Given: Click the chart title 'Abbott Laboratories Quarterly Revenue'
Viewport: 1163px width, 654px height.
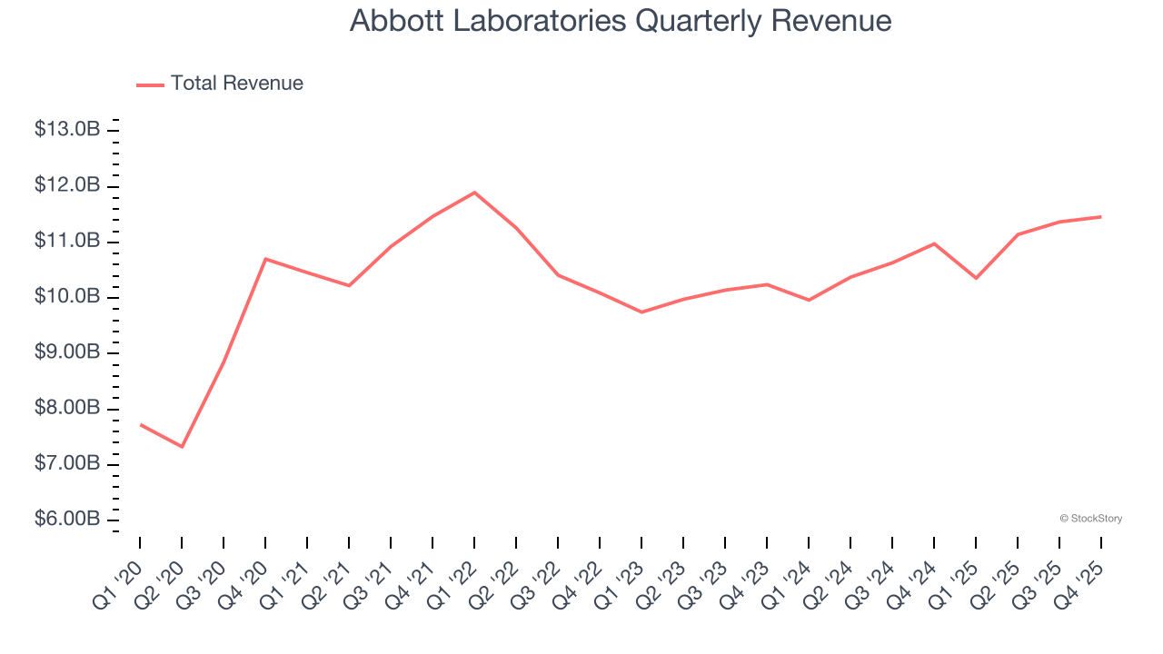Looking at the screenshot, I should click(621, 21).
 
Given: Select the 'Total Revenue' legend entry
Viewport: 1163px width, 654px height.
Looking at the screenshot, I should click(236, 84).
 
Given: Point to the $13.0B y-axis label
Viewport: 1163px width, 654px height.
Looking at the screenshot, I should click(67, 130).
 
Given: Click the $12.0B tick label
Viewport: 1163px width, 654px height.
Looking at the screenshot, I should click(67, 185).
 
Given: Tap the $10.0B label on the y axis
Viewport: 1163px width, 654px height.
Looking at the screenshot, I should click(67, 297).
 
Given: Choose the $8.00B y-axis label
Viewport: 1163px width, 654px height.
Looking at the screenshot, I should click(67, 408).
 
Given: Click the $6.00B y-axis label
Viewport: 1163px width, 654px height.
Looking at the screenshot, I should click(67, 520).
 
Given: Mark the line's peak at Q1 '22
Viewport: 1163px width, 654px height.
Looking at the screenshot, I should click(474, 193).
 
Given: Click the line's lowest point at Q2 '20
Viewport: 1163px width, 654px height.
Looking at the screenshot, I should click(182, 447).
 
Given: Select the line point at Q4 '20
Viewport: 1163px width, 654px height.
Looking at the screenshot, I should click(265, 259).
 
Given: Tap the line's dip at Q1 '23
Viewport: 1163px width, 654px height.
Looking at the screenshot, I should click(641, 312).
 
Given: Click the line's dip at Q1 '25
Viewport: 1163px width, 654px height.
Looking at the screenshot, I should click(976, 278).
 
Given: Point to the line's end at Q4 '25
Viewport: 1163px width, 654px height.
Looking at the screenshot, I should click(1101, 217).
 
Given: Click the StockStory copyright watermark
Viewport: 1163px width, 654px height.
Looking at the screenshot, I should click(1091, 519).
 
